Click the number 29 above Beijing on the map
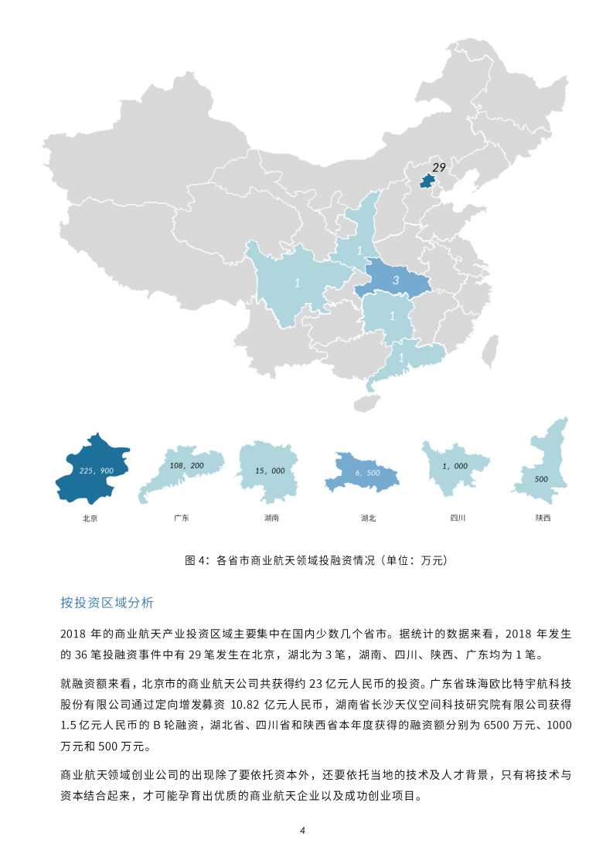[439, 168]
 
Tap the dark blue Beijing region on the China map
[426, 182]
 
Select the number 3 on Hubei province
[396, 281]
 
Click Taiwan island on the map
[488, 352]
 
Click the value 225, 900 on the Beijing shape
[97, 470]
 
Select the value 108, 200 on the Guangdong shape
[186, 466]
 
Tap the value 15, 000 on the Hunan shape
[270, 471]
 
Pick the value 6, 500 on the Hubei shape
[368, 472]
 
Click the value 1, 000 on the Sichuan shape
[455, 466]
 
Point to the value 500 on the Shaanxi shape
[541, 479]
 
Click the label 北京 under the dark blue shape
[90, 518]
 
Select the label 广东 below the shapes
[182, 518]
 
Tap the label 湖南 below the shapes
[271, 518]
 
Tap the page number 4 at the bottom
[303, 831]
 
